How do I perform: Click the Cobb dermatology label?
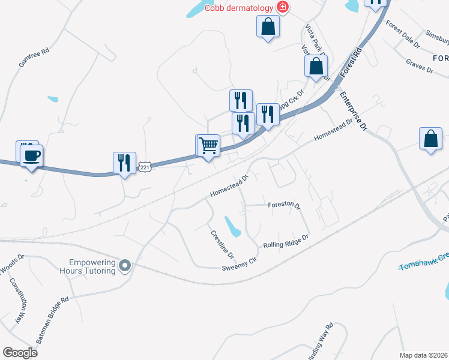click(x=238, y=8)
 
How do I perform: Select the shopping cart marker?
click(x=208, y=146)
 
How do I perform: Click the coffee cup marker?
click(x=31, y=157)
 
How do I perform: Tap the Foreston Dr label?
click(x=283, y=205)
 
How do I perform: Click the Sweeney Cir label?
click(x=239, y=264)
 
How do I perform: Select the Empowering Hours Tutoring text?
click(x=92, y=266)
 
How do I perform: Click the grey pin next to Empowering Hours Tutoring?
click(x=125, y=265)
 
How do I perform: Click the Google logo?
click(x=20, y=352)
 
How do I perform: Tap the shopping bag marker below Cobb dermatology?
click(x=268, y=26)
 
